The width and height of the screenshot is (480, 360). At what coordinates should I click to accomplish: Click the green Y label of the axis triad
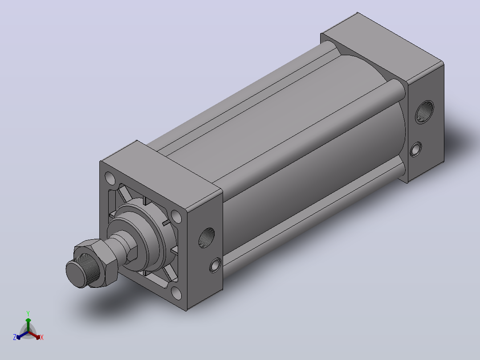coord(28,313)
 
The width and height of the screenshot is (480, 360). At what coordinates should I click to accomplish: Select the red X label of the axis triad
coord(42,337)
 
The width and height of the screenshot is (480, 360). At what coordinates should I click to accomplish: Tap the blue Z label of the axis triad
coord(15,337)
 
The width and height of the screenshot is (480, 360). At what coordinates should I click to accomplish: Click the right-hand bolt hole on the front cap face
coord(176,216)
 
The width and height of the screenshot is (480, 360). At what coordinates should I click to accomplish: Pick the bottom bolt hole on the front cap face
coord(176,293)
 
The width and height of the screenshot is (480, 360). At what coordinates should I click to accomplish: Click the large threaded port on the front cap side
coord(207,237)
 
